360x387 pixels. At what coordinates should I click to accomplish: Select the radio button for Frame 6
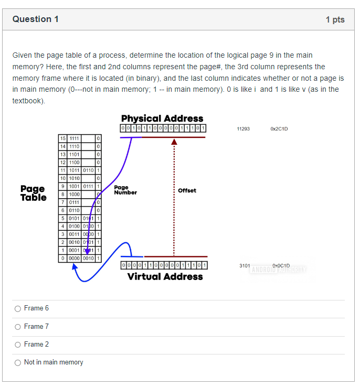tap(18, 308)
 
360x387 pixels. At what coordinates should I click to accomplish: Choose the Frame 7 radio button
tap(18, 327)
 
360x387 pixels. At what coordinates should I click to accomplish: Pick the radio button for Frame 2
tap(18, 345)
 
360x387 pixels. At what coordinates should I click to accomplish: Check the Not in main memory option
tap(18, 362)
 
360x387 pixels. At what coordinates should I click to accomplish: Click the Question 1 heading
tap(36, 19)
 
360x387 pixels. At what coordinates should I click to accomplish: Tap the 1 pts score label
tap(335, 20)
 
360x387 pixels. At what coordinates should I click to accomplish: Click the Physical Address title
tap(162, 119)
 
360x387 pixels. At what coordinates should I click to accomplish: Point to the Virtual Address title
tap(165, 276)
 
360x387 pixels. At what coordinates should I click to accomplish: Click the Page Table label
tap(33, 193)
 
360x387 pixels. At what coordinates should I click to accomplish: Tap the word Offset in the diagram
tap(187, 190)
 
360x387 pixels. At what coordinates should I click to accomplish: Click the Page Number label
tap(125, 190)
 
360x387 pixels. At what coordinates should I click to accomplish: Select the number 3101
tap(245, 266)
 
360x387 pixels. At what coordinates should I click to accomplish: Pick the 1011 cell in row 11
tap(75, 170)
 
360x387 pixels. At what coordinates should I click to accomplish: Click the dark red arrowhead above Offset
tap(174, 142)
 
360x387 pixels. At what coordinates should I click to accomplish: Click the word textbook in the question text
tap(27, 101)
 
